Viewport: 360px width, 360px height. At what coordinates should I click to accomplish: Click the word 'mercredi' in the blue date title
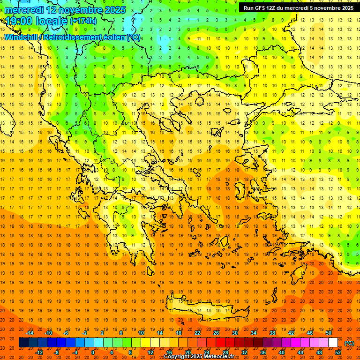[24, 9]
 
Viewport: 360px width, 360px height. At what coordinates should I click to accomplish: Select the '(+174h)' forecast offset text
[83, 21]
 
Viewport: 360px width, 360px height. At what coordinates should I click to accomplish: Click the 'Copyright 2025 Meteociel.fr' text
[199, 357]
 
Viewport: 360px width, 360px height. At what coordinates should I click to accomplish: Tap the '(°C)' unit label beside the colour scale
[349, 343]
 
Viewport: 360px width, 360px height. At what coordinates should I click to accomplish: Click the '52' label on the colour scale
[338, 352]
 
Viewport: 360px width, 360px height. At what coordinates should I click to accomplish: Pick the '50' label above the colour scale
[328, 333]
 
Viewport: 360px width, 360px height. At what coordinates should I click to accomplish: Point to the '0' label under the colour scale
[93, 352]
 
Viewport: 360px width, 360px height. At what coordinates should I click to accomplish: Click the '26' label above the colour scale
[216, 333]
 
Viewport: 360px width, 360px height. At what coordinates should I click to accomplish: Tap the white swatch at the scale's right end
[333, 343]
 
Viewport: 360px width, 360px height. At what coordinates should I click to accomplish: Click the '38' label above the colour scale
[272, 333]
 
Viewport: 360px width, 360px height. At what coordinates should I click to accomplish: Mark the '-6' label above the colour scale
[66, 333]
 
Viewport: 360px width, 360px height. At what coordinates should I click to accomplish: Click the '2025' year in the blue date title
[115, 9]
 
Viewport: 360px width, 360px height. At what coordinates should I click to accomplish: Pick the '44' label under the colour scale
[300, 352]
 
